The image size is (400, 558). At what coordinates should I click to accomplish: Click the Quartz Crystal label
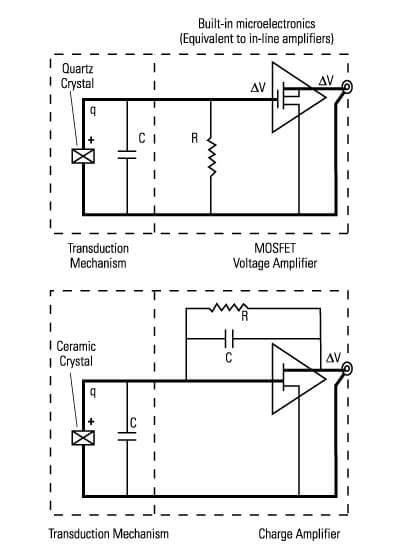[77, 76]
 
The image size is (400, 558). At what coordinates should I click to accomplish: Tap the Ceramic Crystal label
[76, 354]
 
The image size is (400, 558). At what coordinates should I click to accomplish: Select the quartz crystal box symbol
[83, 156]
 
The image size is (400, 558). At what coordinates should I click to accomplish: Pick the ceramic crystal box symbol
[83, 437]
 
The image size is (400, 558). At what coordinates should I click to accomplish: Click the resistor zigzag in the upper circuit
[211, 157]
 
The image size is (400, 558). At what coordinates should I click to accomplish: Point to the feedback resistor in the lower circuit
[228, 307]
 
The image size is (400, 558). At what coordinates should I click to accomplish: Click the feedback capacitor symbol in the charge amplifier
[229, 338]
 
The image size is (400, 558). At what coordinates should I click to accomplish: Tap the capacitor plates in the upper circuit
[127, 154]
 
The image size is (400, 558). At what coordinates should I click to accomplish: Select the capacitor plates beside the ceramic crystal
[127, 436]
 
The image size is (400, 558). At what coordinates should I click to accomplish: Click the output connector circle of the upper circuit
[347, 87]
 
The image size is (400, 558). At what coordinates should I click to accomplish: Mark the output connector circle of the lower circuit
[347, 369]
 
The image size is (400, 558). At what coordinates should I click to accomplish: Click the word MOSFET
[275, 248]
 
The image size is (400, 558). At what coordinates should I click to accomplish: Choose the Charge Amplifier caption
[299, 534]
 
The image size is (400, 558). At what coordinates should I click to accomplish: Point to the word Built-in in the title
[215, 24]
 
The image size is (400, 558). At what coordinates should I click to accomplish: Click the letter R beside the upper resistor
[194, 138]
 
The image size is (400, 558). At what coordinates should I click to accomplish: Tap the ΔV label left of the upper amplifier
[258, 88]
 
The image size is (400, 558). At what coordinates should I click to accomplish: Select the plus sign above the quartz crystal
[91, 140]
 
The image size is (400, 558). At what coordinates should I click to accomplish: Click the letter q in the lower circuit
[93, 392]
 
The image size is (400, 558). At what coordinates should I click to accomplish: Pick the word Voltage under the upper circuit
[252, 263]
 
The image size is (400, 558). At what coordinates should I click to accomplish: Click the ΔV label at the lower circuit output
[333, 358]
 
